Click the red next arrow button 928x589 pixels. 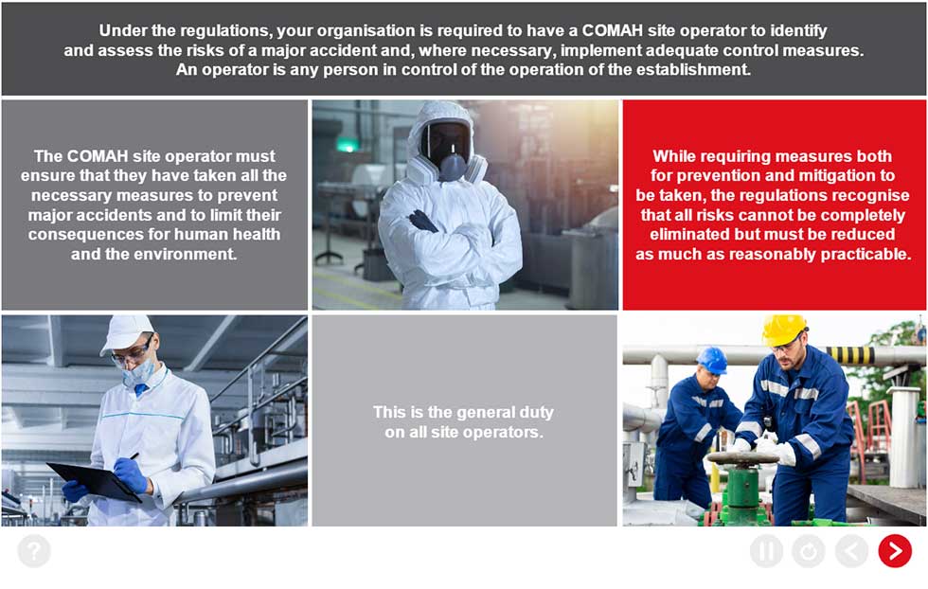(895, 551)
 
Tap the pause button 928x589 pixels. (766, 551)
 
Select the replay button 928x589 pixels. (809, 551)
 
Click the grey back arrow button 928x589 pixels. (851, 551)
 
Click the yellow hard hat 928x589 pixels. (784, 330)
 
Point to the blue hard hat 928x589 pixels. (712, 360)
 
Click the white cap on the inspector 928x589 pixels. (126, 333)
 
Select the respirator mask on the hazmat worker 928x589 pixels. (453, 166)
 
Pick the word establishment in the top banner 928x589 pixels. (690, 70)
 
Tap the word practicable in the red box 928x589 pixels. (866, 254)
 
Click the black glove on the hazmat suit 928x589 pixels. (422, 222)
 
